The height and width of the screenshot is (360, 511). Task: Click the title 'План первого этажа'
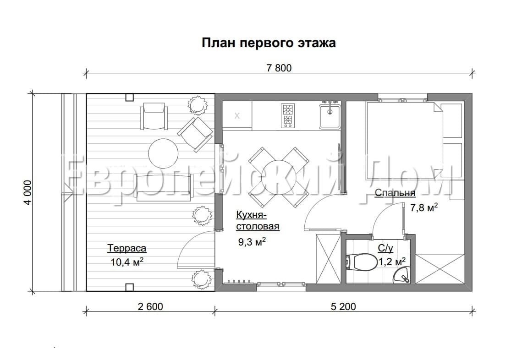click(x=269, y=43)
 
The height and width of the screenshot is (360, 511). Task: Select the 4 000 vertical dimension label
click(x=27, y=192)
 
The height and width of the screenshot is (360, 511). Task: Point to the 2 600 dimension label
click(x=150, y=306)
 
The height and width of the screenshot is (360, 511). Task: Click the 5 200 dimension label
click(x=343, y=306)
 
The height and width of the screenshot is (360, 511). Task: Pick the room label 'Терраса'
click(x=127, y=249)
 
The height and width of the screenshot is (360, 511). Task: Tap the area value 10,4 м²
click(x=127, y=262)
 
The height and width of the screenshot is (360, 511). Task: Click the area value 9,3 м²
click(x=253, y=242)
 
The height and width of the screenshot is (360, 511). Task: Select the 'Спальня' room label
click(x=395, y=193)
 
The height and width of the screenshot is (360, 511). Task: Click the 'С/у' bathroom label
click(x=385, y=249)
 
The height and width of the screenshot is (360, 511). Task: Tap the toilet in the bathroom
click(x=361, y=262)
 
